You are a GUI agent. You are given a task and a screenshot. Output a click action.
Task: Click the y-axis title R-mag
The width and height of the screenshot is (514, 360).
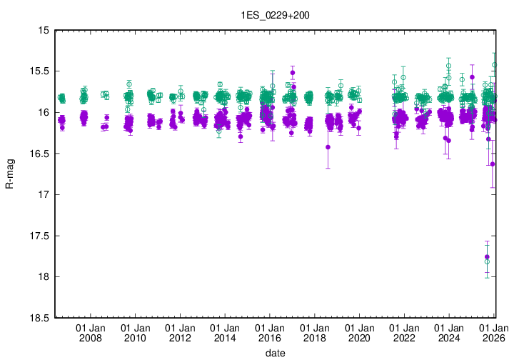(10, 174)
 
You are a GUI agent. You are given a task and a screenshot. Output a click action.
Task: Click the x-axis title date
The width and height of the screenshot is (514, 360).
(275, 353)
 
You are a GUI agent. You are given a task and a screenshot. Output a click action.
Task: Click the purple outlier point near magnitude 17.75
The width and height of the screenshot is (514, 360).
(487, 256)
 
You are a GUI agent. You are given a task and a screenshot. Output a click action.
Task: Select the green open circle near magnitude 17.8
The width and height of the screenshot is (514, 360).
(487, 262)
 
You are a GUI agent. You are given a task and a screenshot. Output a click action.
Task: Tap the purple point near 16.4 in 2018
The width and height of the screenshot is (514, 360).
(328, 147)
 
